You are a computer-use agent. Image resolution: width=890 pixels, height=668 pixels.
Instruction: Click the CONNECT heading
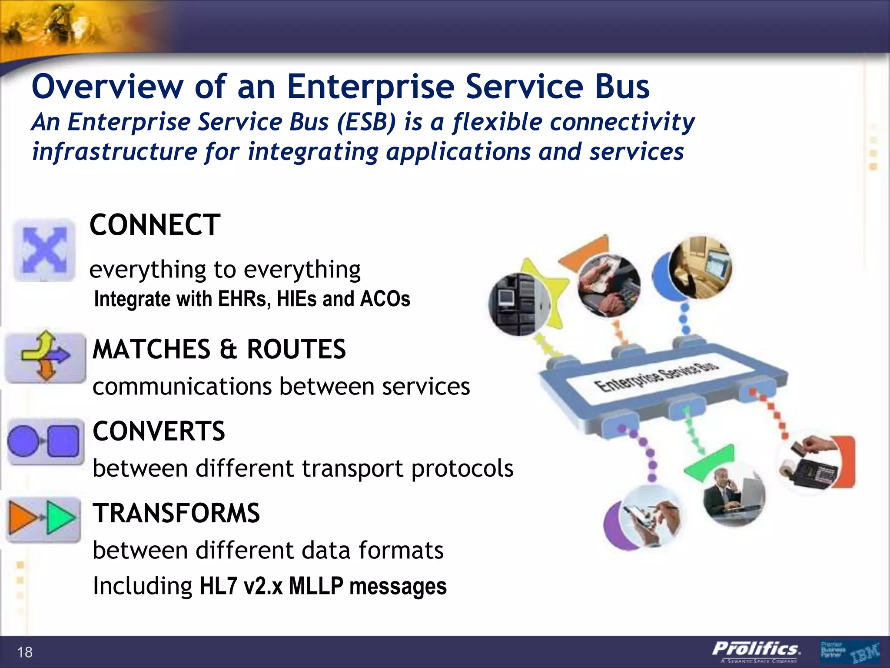(155, 225)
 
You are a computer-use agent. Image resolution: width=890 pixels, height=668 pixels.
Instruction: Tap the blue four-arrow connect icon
(44, 250)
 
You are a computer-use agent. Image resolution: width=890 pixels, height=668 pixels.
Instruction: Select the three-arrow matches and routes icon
(45, 357)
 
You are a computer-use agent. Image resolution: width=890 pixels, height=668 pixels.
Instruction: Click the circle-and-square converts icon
(45, 441)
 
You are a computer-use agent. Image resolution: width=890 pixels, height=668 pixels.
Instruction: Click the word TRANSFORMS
(176, 513)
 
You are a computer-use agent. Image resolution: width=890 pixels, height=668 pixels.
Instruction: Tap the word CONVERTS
(159, 431)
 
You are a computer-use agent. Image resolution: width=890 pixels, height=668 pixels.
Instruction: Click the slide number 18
(25, 652)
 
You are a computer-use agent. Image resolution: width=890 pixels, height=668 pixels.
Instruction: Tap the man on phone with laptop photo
(734, 496)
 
